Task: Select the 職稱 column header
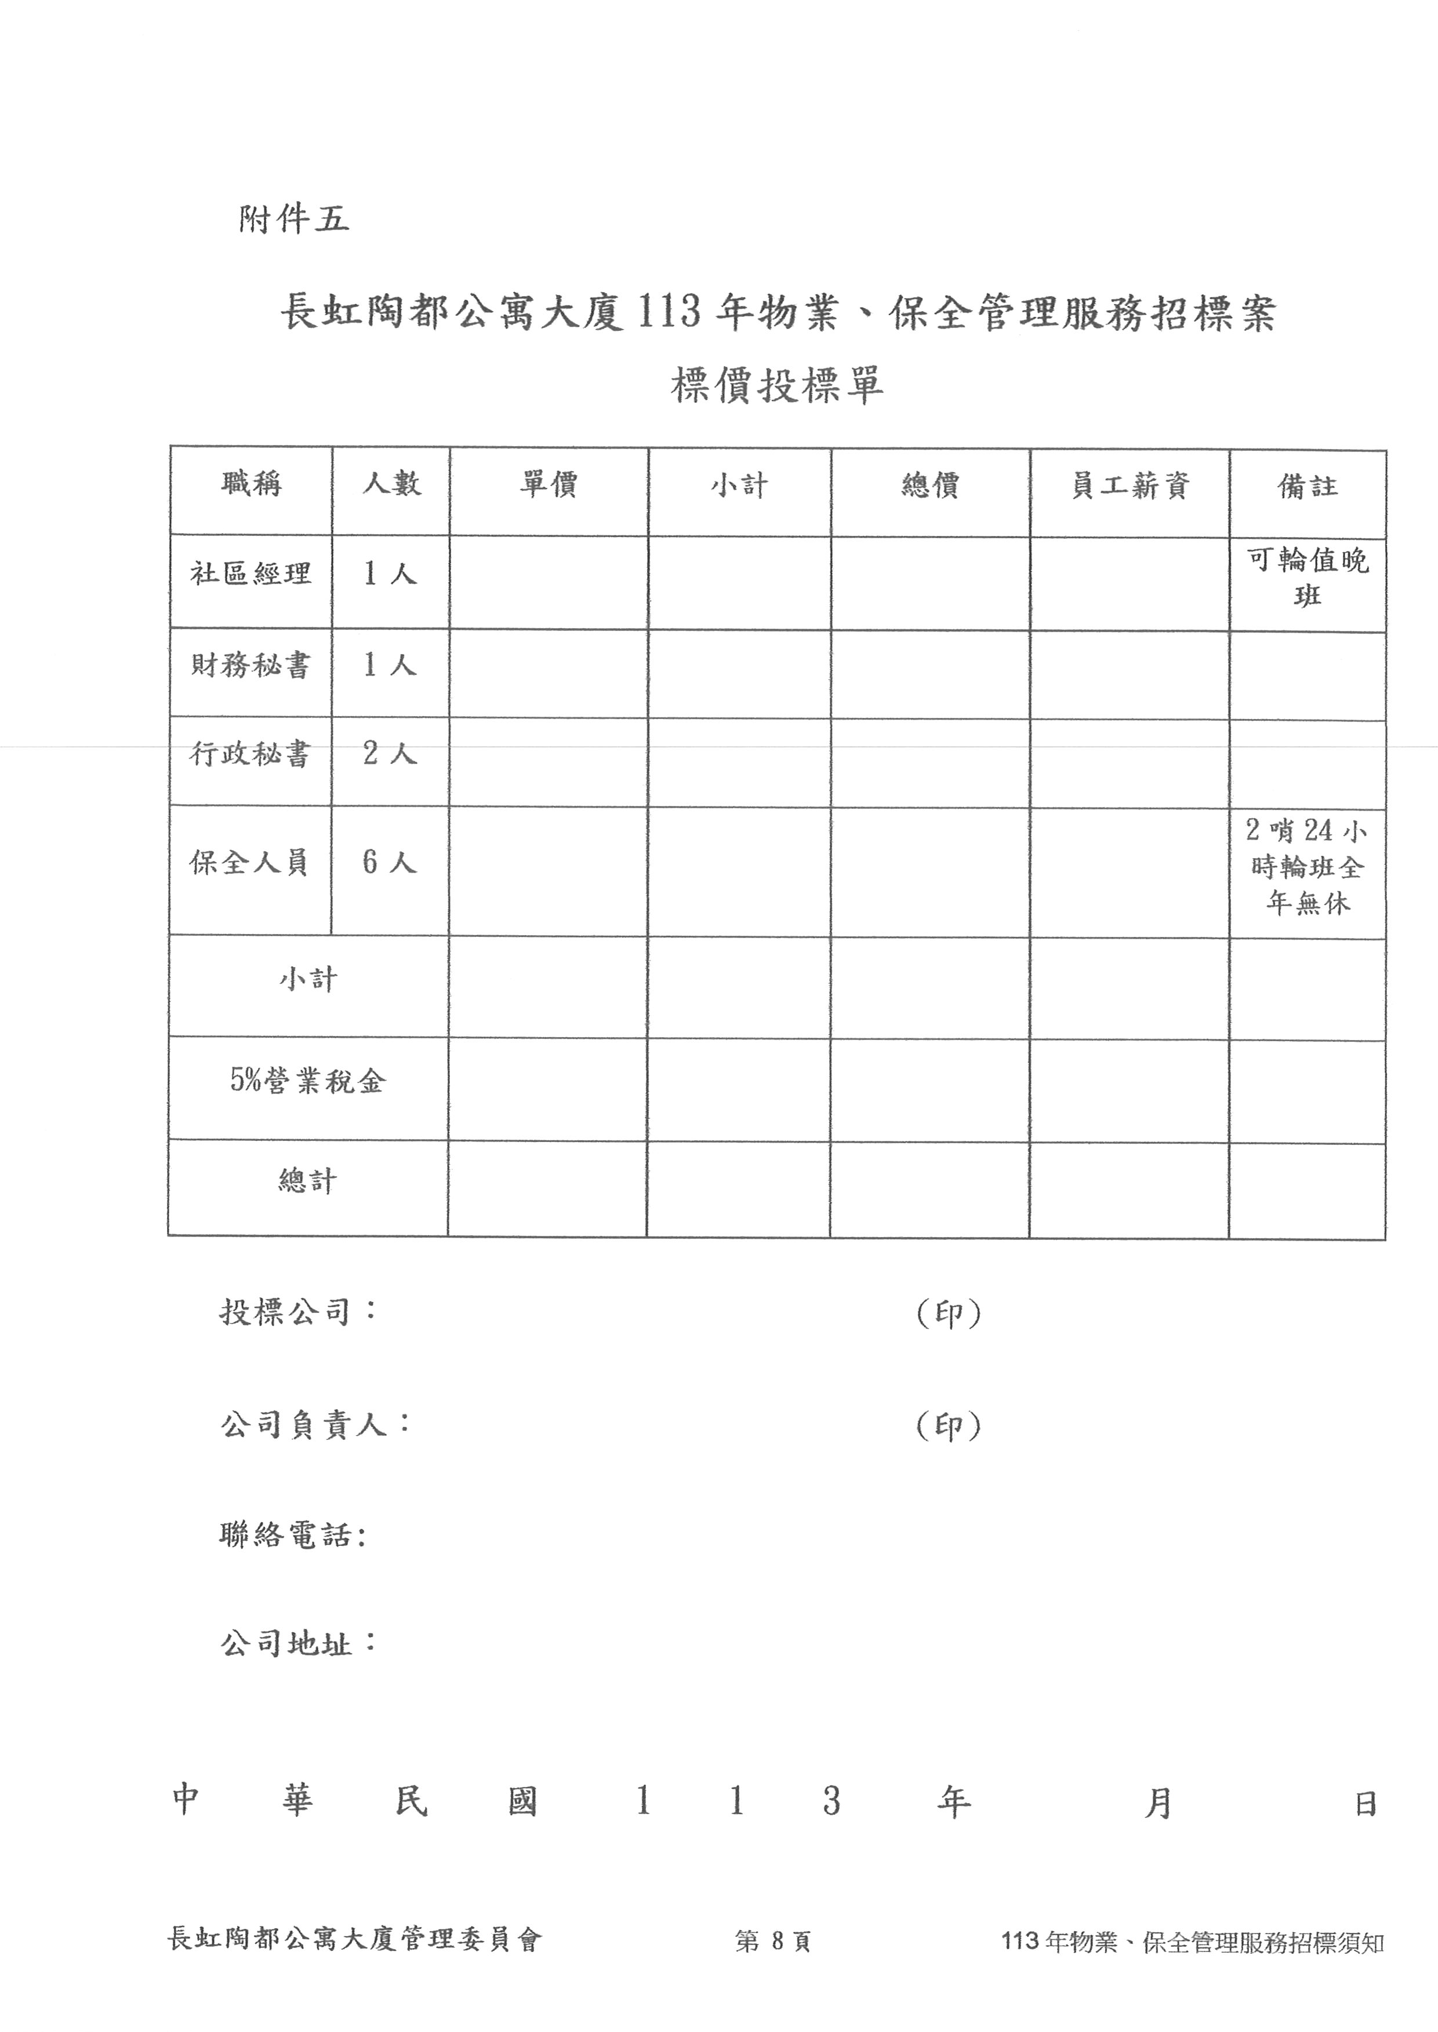pyautogui.click(x=252, y=484)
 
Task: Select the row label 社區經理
pyautogui.click(x=250, y=574)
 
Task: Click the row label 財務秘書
pyautogui.click(x=250, y=666)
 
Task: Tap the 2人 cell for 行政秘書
pyautogui.click(x=390, y=754)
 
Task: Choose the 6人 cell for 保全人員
pyautogui.click(x=390, y=862)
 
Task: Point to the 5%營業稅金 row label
pyautogui.click(x=308, y=1081)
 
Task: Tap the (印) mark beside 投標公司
pyautogui.click(x=949, y=1314)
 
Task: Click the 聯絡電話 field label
pyautogui.click(x=293, y=1535)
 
